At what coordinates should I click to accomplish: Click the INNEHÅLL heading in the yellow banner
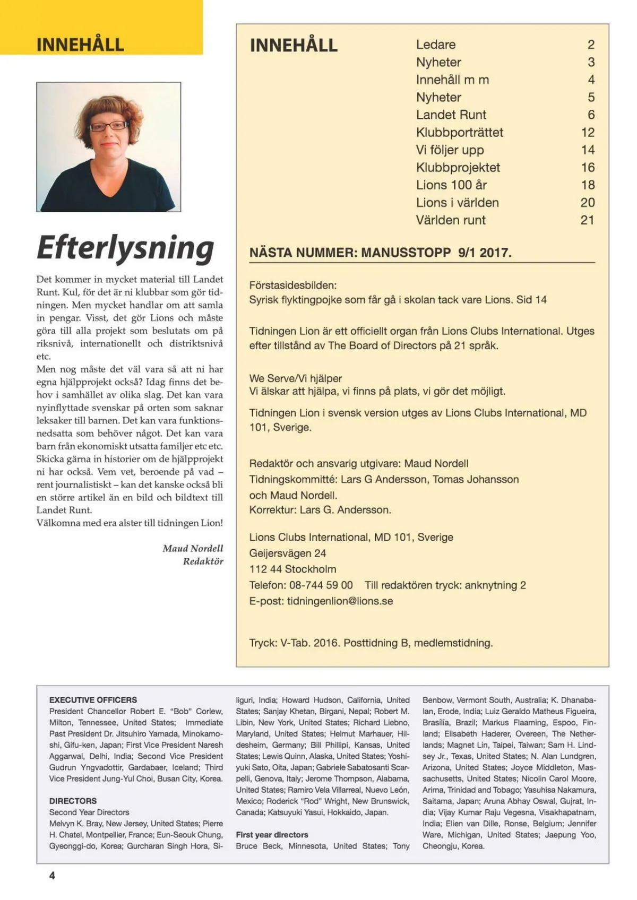point(80,44)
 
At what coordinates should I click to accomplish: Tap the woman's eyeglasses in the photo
point(109,126)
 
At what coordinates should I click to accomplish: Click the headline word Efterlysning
point(125,247)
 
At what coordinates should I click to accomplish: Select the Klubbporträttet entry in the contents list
point(459,132)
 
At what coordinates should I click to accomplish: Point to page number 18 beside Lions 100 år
point(588,185)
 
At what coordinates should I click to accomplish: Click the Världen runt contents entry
point(451,220)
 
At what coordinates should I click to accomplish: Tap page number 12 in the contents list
point(588,132)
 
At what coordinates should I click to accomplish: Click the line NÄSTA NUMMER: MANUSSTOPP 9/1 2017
point(380,253)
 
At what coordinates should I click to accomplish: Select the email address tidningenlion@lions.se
point(340,601)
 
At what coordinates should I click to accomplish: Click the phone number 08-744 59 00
point(321,585)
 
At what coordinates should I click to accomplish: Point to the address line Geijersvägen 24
point(288,553)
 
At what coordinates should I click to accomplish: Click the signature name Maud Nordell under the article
point(193,548)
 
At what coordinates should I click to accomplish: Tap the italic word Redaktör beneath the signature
point(203,561)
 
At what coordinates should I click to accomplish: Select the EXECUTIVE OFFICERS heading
point(93,700)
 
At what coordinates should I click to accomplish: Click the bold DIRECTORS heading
point(73,801)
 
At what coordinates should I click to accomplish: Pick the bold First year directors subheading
point(272,834)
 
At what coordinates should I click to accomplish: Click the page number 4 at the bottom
point(52,875)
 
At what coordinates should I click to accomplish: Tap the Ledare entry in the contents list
point(435,45)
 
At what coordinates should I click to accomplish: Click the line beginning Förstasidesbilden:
point(292,285)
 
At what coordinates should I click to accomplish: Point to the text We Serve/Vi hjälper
point(295,378)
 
